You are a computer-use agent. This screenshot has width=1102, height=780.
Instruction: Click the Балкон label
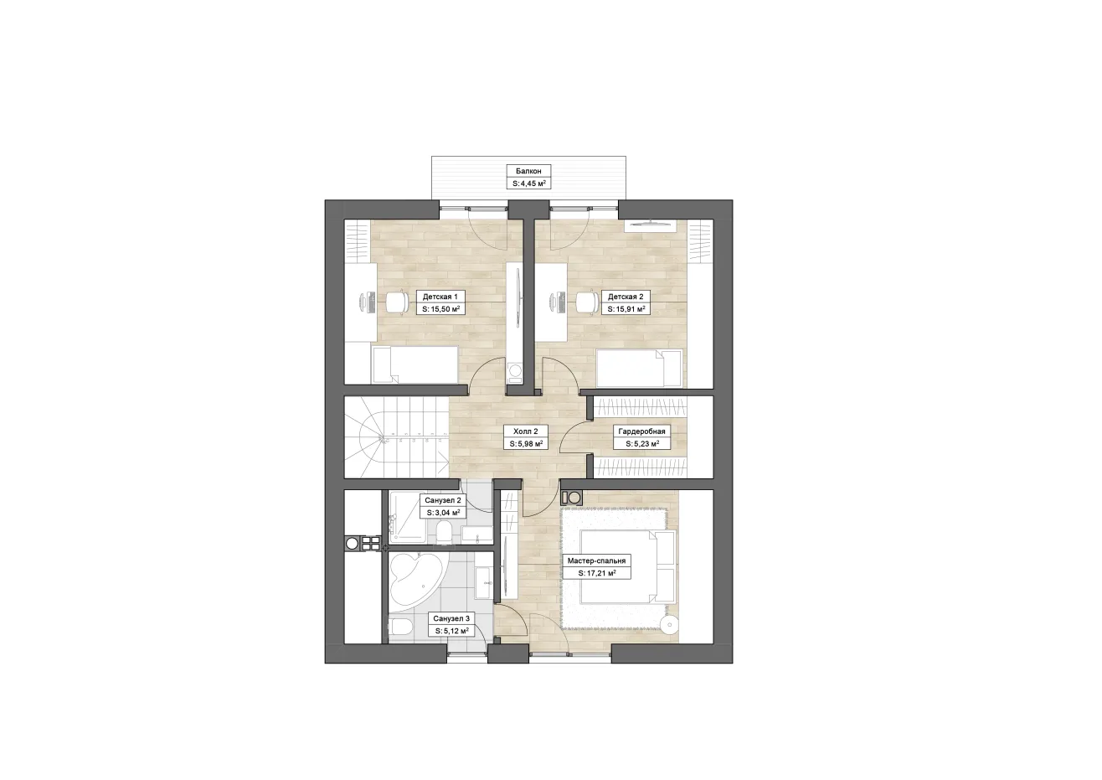coord(528,171)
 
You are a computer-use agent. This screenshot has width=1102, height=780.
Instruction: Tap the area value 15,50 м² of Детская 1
coord(440,309)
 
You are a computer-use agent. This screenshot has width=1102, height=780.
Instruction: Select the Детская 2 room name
coord(626,297)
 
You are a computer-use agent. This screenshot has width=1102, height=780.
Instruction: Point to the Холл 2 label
coord(525,431)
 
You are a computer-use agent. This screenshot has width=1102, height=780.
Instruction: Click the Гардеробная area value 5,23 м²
coord(642,444)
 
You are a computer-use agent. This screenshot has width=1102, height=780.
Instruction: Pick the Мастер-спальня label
coord(596,561)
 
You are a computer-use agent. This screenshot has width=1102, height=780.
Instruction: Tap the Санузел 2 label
coord(443,500)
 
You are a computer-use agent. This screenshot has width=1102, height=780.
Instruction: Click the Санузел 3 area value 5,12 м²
coord(451,631)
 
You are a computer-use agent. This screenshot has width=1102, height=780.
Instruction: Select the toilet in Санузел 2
coord(445,533)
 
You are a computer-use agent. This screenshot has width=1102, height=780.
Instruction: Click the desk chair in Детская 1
coord(397,302)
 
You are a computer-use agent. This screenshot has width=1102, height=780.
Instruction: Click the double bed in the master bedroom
coord(628,566)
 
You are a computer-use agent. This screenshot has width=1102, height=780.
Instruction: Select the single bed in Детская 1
coord(415,364)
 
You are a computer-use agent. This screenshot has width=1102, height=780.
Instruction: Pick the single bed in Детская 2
coord(639,368)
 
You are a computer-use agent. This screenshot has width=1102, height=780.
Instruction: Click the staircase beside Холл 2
coord(397,437)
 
